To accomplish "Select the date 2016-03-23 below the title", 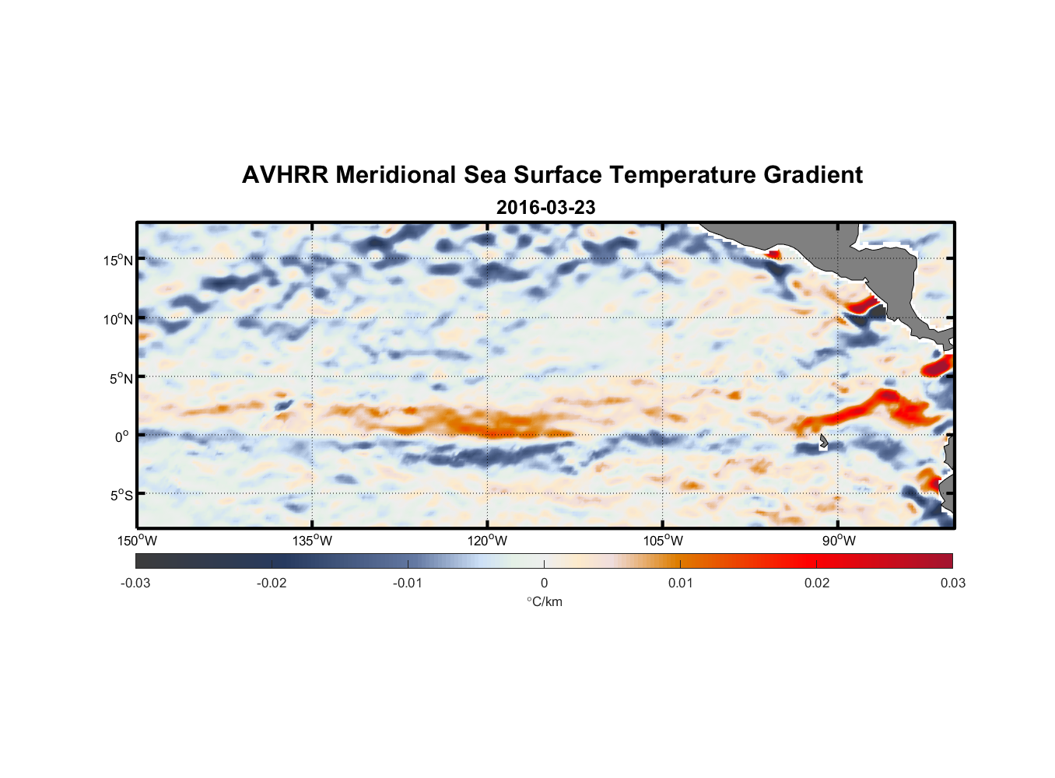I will pos(545,208).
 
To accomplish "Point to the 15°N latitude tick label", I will pos(117,260).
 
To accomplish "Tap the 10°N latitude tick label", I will pos(117,319).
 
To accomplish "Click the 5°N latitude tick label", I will pos(121,378).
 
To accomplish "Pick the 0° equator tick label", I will pos(122,436).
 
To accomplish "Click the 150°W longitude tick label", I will pos(137,541).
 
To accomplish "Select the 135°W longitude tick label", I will pos(312,541).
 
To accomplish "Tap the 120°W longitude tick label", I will pos(487,541).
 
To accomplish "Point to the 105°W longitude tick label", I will pos(663,541).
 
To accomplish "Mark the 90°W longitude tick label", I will pos(838,541).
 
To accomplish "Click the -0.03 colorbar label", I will pos(135,583).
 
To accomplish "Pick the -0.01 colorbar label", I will pos(408,583).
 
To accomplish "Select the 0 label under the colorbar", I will pos(544,583).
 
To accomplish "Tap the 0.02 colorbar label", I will pos(817,583).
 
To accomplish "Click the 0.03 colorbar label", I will pos(952,583).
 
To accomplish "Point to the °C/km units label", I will pos(544,601).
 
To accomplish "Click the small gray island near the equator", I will pos(823,442).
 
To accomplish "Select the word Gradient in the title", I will pos(812,175).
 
